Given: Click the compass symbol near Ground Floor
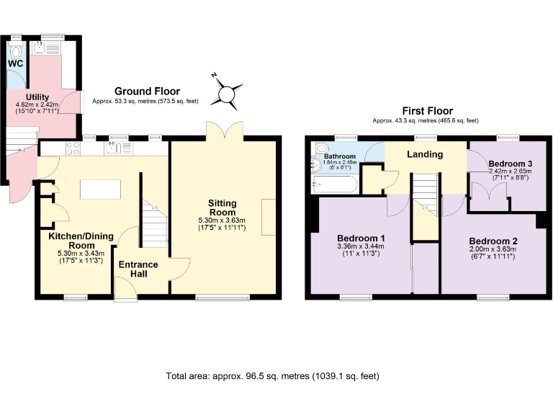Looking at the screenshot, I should pos(227,93).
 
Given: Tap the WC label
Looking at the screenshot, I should pos(16,63).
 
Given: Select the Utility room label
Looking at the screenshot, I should pos(37,97).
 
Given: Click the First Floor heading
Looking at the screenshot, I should pos(428,111).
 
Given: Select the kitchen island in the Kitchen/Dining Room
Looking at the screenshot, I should pos(101,189).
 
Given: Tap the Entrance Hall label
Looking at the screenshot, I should pos(138,269).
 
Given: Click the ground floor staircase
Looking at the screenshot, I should pos(155,223).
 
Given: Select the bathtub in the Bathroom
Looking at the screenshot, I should pos(333,184).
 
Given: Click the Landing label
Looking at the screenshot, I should pos(424,154).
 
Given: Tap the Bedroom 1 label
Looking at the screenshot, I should pos(361,238).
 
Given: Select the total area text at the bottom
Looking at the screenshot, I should pos(272,375).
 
